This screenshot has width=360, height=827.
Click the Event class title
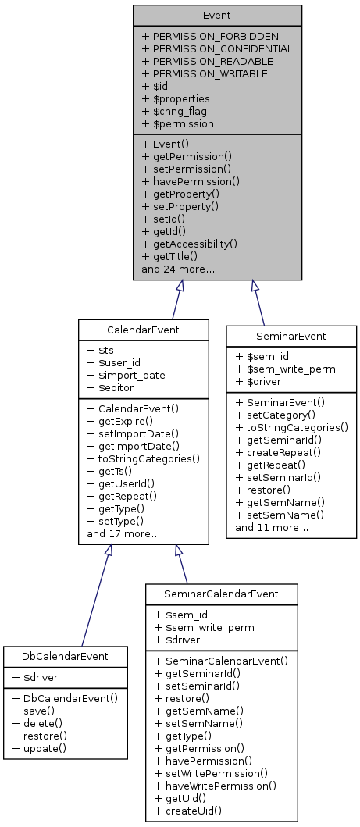tap(217, 15)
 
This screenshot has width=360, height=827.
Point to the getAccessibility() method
tap(190, 244)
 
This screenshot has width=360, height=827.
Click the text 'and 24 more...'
tap(178, 269)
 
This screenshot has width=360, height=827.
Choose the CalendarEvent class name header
tap(143, 330)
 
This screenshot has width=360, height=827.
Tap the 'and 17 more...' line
tap(123, 534)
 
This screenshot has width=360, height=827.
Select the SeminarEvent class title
tap(291, 337)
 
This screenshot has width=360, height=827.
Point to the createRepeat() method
tap(280, 452)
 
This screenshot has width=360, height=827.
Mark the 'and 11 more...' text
tap(271, 527)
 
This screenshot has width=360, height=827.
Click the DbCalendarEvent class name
tap(66, 657)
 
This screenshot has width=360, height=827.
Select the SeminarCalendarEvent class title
tap(222, 594)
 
